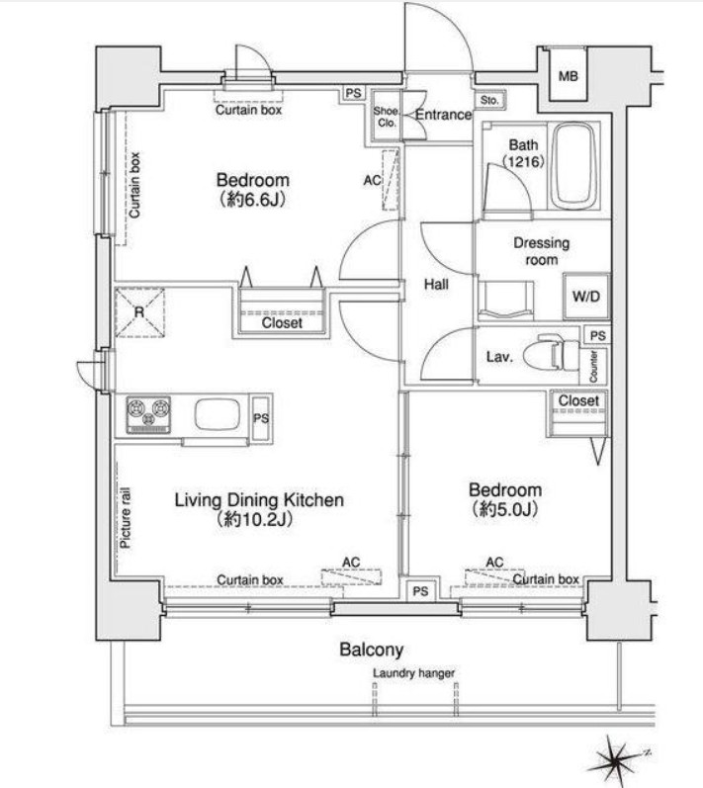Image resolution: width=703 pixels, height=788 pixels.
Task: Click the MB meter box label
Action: point(569,76)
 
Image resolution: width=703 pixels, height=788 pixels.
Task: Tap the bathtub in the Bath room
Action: point(574,166)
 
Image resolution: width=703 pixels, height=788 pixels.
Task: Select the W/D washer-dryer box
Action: point(586,296)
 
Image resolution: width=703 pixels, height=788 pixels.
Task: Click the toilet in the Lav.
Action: point(552,354)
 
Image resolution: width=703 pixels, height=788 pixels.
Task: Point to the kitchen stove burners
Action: point(148,414)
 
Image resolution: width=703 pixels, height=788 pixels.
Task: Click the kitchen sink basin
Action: point(218,414)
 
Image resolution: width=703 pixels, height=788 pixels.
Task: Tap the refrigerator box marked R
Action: point(139,312)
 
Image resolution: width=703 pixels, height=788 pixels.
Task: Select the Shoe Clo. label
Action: point(386,117)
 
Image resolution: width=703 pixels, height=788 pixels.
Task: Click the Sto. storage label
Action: point(489,100)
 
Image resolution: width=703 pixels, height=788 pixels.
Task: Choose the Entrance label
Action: point(443,115)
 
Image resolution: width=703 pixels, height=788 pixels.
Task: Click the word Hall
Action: point(436,285)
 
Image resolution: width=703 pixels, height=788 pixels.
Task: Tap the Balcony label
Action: point(372,650)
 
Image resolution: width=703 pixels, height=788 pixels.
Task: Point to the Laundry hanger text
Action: point(413,673)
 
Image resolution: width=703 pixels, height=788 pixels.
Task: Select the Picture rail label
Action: point(126,518)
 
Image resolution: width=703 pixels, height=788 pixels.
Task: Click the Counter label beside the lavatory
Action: point(593,367)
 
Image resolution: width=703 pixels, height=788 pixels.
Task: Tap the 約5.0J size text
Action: point(505,510)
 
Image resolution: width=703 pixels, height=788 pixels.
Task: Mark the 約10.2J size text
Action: point(254,519)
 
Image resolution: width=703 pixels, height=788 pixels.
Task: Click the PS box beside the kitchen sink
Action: point(261,418)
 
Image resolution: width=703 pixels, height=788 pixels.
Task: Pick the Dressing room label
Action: point(541,251)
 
